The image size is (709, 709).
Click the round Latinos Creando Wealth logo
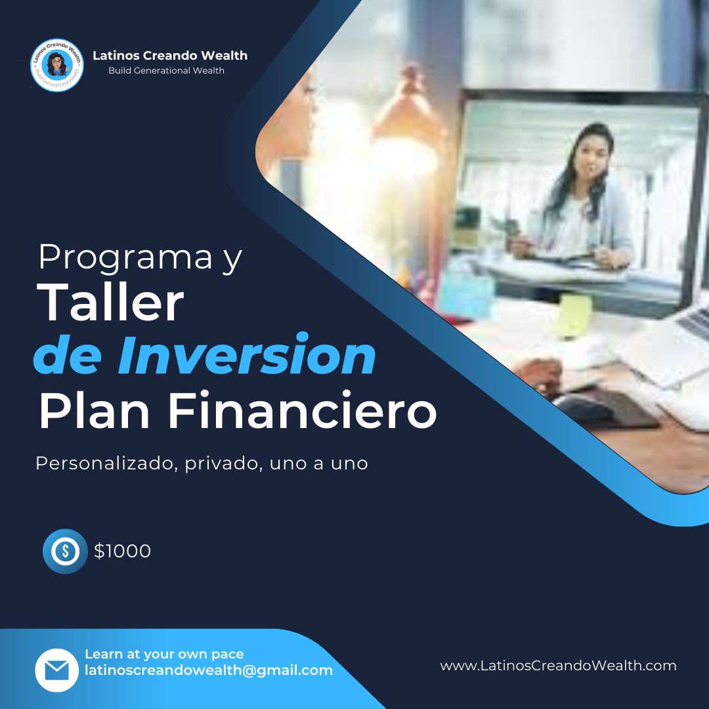coord(57,65)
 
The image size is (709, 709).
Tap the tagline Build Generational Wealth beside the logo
coord(166,70)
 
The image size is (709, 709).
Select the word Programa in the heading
coord(125,257)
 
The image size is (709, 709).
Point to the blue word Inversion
coord(247,355)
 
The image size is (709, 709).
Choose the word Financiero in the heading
coord(302,411)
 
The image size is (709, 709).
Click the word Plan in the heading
coord(95,411)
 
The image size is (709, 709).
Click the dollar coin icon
coord(65,551)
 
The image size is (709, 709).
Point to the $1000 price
coord(122,551)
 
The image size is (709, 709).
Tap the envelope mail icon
coord(57,670)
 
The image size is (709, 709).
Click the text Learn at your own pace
coord(164,655)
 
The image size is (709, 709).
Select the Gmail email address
coord(209,670)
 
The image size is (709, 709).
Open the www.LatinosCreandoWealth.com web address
coord(558,666)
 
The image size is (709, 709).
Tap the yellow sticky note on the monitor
coord(574,314)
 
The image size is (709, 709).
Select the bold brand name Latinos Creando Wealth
coord(170,56)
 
